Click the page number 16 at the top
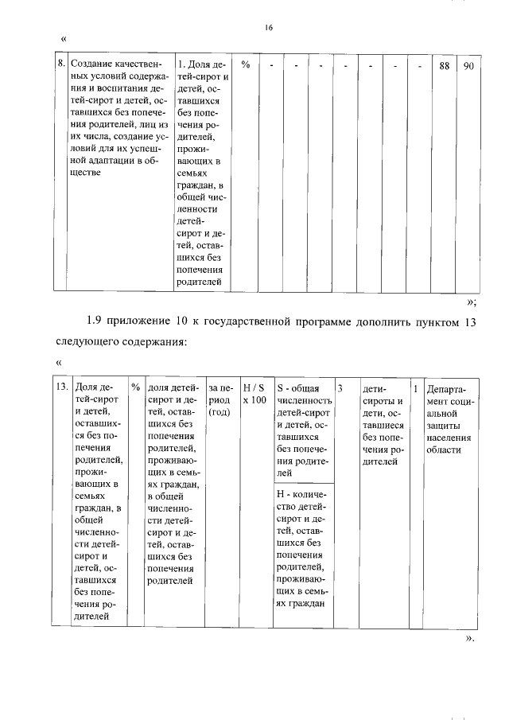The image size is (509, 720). pyautogui.click(x=269, y=27)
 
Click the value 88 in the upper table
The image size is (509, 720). pyautogui.click(x=445, y=65)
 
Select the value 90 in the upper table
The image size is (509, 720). pyautogui.click(x=468, y=65)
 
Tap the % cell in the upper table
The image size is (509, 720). pyautogui.click(x=246, y=65)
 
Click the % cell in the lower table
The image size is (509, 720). pyautogui.click(x=136, y=387)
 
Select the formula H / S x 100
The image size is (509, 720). pyautogui.click(x=254, y=394)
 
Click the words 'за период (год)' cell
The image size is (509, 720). pyautogui.click(x=220, y=400)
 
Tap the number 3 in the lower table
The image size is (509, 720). pyautogui.click(x=340, y=387)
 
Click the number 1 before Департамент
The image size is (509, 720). pyautogui.click(x=416, y=387)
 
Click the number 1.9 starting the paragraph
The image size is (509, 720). pyautogui.click(x=95, y=321)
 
